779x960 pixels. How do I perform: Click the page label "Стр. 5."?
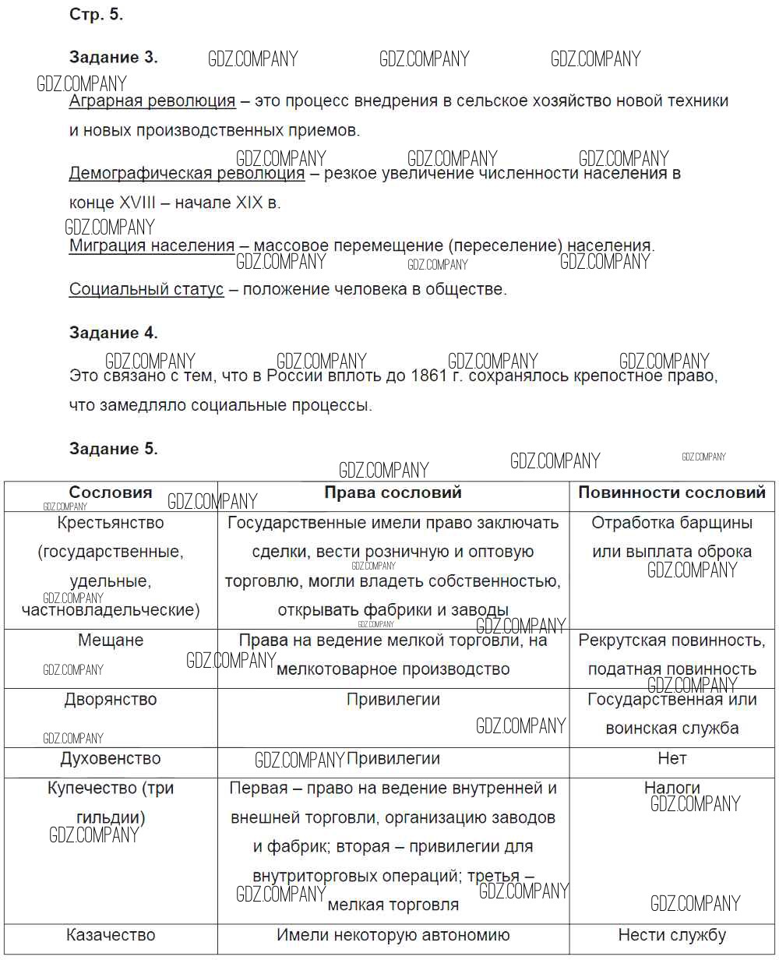pyautogui.click(x=97, y=15)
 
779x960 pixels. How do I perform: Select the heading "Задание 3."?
pyautogui.click(x=113, y=57)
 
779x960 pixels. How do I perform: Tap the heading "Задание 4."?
pyautogui.click(x=113, y=333)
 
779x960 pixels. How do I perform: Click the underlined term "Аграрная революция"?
pyautogui.click(x=152, y=101)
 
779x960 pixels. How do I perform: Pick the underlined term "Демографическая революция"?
pyautogui.click(x=187, y=173)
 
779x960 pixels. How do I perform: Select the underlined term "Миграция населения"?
pyautogui.click(x=152, y=245)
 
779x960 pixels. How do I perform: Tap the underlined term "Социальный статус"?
pyautogui.click(x=146, y=289)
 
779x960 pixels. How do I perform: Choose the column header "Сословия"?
pyautogui.click(x=111, y=492)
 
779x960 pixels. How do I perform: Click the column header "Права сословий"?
pyautogui.click(x=393, y=492)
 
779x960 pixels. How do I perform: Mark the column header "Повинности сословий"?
pyautogui.click(x=671, y=492)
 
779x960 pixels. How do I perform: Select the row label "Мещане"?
pyautogui.click(x=111, y=640)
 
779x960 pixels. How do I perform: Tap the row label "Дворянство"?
pyautogui.click(x=111, y=699)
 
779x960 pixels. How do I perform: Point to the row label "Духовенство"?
pyautogui.click(x=111, y=758)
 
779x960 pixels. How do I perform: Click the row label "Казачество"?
pyautogui.click(x=111, y=935)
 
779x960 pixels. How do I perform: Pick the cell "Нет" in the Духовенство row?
pyautogui.click(x=671, y=758)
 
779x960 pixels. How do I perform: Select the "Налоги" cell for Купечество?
pyautogui.click(x=671, y=788)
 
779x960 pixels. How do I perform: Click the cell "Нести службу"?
pyautogui.click(x=671, y=935)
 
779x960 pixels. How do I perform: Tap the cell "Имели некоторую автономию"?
pyautogui.click(x=393, y=935)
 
